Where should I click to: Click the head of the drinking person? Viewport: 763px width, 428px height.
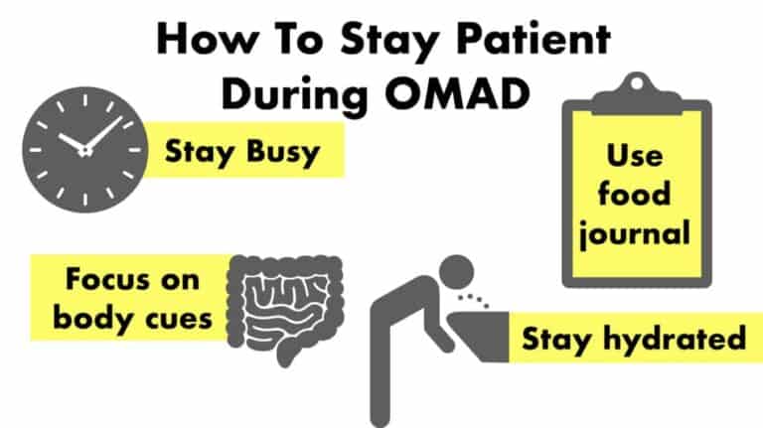[x=458, y=271]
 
